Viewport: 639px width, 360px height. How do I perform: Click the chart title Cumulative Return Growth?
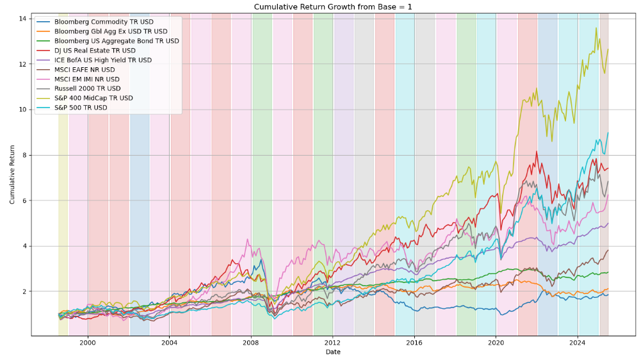(x=332, y=7)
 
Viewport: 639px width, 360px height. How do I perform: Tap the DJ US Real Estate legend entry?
(x=95, y=51)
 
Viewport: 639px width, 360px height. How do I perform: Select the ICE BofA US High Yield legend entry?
(x=103, y=60)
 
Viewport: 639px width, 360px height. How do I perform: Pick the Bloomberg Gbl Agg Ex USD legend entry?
(x=111, y=31)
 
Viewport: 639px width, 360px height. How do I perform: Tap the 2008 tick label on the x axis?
(x=252, y=343)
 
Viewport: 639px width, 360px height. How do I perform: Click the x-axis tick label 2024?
(x=578, y=343)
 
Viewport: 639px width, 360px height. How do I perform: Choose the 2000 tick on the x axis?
(x=88, y=343)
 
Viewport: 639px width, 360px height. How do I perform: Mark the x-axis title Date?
(x=333, y=352)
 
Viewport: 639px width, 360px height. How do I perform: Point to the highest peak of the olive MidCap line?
(x=596, y=28)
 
